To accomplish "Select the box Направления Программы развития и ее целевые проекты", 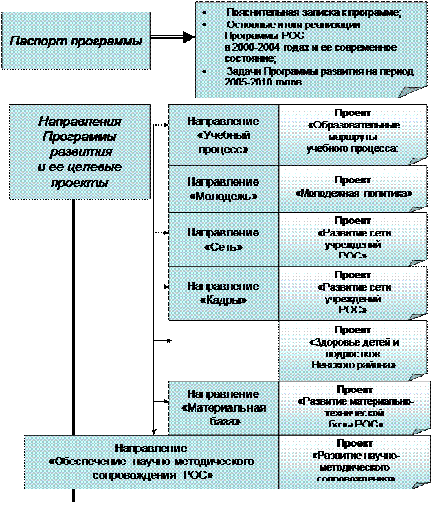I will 80,152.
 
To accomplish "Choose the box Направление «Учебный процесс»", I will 223,135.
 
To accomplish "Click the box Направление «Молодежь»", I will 223,189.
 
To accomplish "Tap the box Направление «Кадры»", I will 223,293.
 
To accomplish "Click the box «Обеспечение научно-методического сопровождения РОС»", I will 151,461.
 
